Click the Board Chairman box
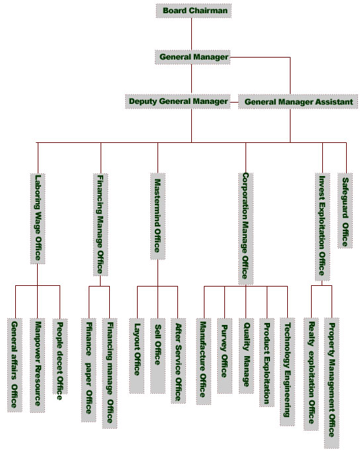pyautogui.click(x=194, y=11)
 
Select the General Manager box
pyautogui.click(x=193, y=57)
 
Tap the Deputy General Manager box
pyautogui.click(x=177, y=101)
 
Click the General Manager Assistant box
pyautogui.click(x=298, y=102)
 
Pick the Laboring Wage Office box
pyautogui.click(x=38, y=218)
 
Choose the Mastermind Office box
pyautogui.click(x=157, y=216)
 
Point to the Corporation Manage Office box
pyautogui.click(x=246, y=228)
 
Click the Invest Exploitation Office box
pyautogui.click(x=322, y=227)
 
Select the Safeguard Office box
pyautogui.click(x=345, y=210)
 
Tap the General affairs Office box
pyautogui.click(x=15, y=365)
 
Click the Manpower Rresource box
pyautogui.click(x=38, y=365)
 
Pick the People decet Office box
pyautogui.click(x=60, y=356)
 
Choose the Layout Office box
pyautogui.click(x=136, y=356)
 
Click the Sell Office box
pyautogui.click(x=157, y=356)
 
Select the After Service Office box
pyautogui.click(x=178, y=361)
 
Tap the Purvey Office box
pyautogui.click(x=224, y=356)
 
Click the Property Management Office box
pyautogui.click(x=332, y=383)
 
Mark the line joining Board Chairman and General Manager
pyautogui.click(x=192, y=34)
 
